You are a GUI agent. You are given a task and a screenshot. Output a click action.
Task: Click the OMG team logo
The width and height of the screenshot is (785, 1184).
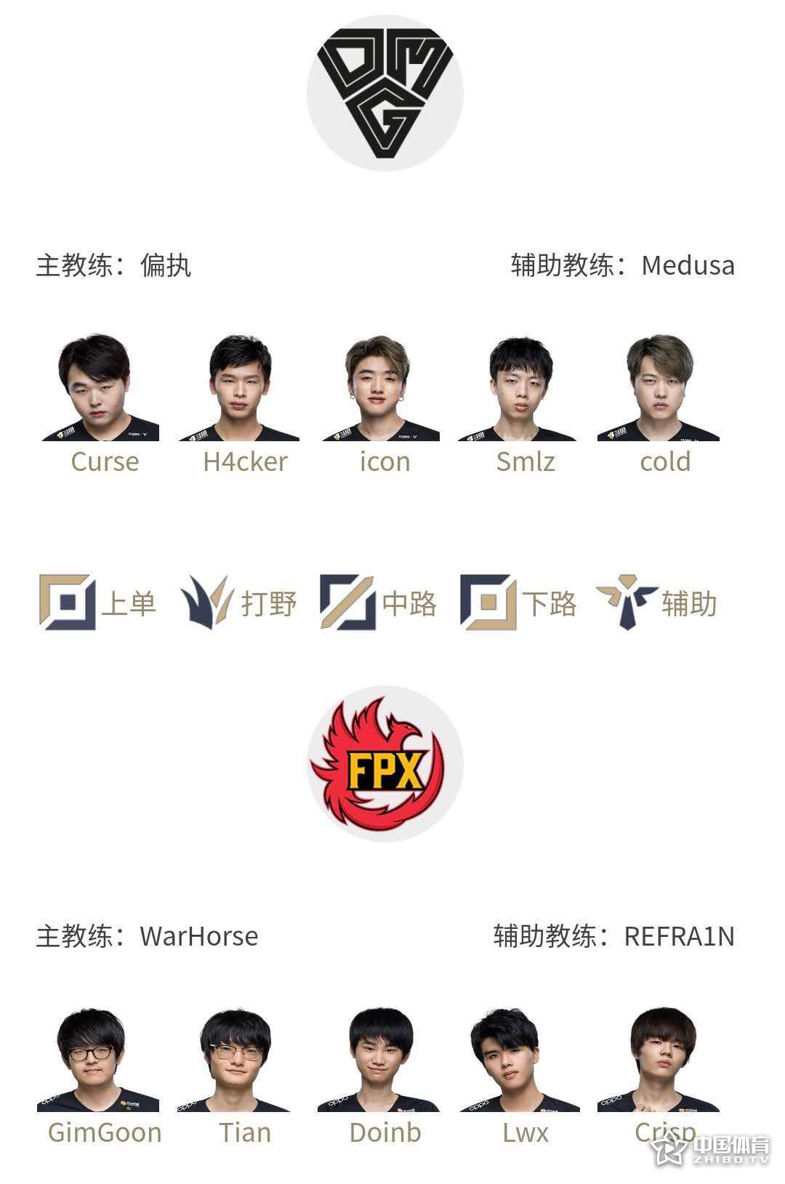click(x=385, y=93)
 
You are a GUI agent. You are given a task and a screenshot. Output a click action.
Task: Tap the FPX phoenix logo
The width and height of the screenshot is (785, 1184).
click(x=385, y=763)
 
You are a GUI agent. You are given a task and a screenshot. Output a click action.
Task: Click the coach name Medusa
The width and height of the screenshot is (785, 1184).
click(x=688, y=265)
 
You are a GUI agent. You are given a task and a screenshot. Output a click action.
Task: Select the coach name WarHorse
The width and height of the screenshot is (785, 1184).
click(x=198, y=937)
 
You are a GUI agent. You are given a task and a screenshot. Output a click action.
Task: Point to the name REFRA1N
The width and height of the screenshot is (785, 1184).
click(x=680, y=937)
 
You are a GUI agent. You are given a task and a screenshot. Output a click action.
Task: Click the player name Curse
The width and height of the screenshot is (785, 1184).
click(x=105, y=462)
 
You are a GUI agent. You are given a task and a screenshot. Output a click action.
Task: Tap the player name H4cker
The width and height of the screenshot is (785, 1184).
click(x=245, y=462)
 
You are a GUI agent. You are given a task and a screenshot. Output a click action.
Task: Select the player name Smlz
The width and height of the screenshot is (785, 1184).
click(x=526, y=462)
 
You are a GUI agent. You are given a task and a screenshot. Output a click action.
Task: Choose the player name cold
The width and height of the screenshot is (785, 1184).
click(x=665, y=462)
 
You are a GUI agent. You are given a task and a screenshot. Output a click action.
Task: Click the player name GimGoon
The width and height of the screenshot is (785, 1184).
click(x=105, y=1133)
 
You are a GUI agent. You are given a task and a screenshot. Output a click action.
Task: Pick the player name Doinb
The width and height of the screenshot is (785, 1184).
click(x=385, y=1133)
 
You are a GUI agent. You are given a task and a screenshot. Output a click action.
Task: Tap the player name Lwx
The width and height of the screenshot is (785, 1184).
click(x=526, y=1133)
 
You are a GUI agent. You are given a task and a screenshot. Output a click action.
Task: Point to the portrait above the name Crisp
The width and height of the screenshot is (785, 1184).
click(x=659, y=1059)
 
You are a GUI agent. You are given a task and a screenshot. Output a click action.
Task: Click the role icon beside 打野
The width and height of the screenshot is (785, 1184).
click(x=207, y=603)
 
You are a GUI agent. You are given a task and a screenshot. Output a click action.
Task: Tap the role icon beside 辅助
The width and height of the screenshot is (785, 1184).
click(x=627, y=603)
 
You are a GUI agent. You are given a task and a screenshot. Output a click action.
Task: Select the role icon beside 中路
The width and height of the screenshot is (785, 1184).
click(x=348, y=603)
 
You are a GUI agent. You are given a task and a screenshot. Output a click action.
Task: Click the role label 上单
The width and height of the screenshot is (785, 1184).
click(x=129, y=603)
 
